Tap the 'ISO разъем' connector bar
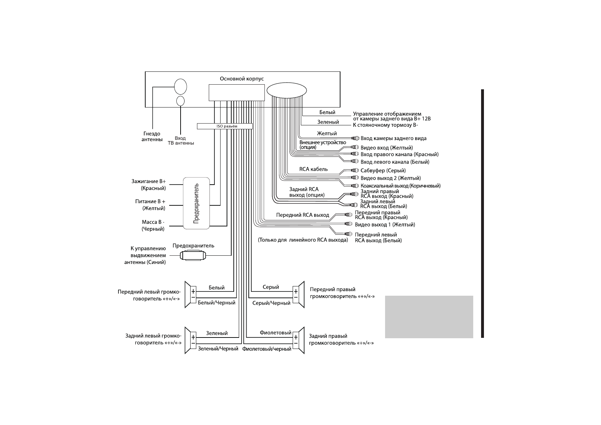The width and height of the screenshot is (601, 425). tap(224, 126)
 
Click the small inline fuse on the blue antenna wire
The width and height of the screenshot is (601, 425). tap(192, 255)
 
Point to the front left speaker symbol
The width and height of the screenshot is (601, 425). tap(191, 294)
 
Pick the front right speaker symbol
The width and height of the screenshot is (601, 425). tap(298, 294)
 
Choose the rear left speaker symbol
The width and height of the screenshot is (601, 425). tap(191, 340)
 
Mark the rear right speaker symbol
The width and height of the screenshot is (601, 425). tap(298, 340)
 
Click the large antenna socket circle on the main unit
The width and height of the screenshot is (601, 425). tap(180, 86)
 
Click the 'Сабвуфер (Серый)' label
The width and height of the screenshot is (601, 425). tap(383, 170)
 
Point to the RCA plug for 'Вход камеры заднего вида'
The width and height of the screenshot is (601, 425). tap(355, 138)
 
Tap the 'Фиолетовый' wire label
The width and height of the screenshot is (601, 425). tap(276, 333)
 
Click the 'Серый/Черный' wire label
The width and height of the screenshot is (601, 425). tap(271, 303)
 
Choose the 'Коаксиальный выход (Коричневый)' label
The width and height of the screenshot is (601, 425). tap(400, 186)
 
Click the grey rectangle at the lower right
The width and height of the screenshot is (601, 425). tap(429, 317)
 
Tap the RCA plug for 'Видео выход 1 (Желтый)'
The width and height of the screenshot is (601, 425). tap(349, 225)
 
